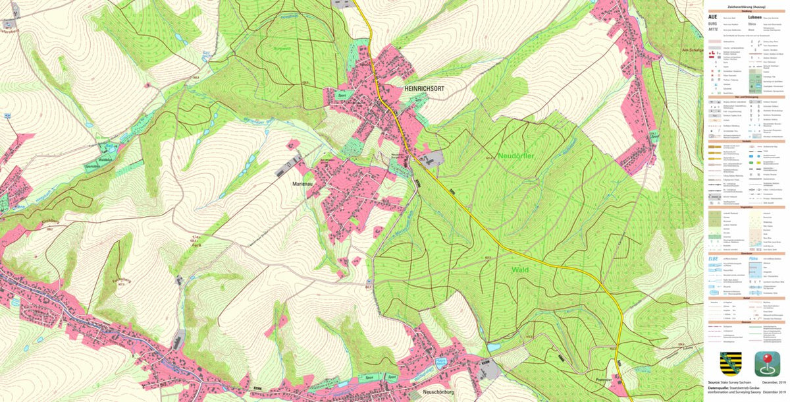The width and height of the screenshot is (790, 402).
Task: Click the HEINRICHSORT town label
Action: tap(421, 88)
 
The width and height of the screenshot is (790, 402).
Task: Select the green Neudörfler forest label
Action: tap(519, 156)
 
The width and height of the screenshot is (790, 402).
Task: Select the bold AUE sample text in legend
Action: tap(712, 16)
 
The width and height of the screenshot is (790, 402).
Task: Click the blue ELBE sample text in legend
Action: tap(713, 259)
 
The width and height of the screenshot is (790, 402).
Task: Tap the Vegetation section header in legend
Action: tap(746, 206)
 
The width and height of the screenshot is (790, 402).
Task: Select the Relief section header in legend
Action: tap(746, 297)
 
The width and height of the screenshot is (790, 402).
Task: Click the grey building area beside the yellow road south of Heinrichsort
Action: tap(434, 158)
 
